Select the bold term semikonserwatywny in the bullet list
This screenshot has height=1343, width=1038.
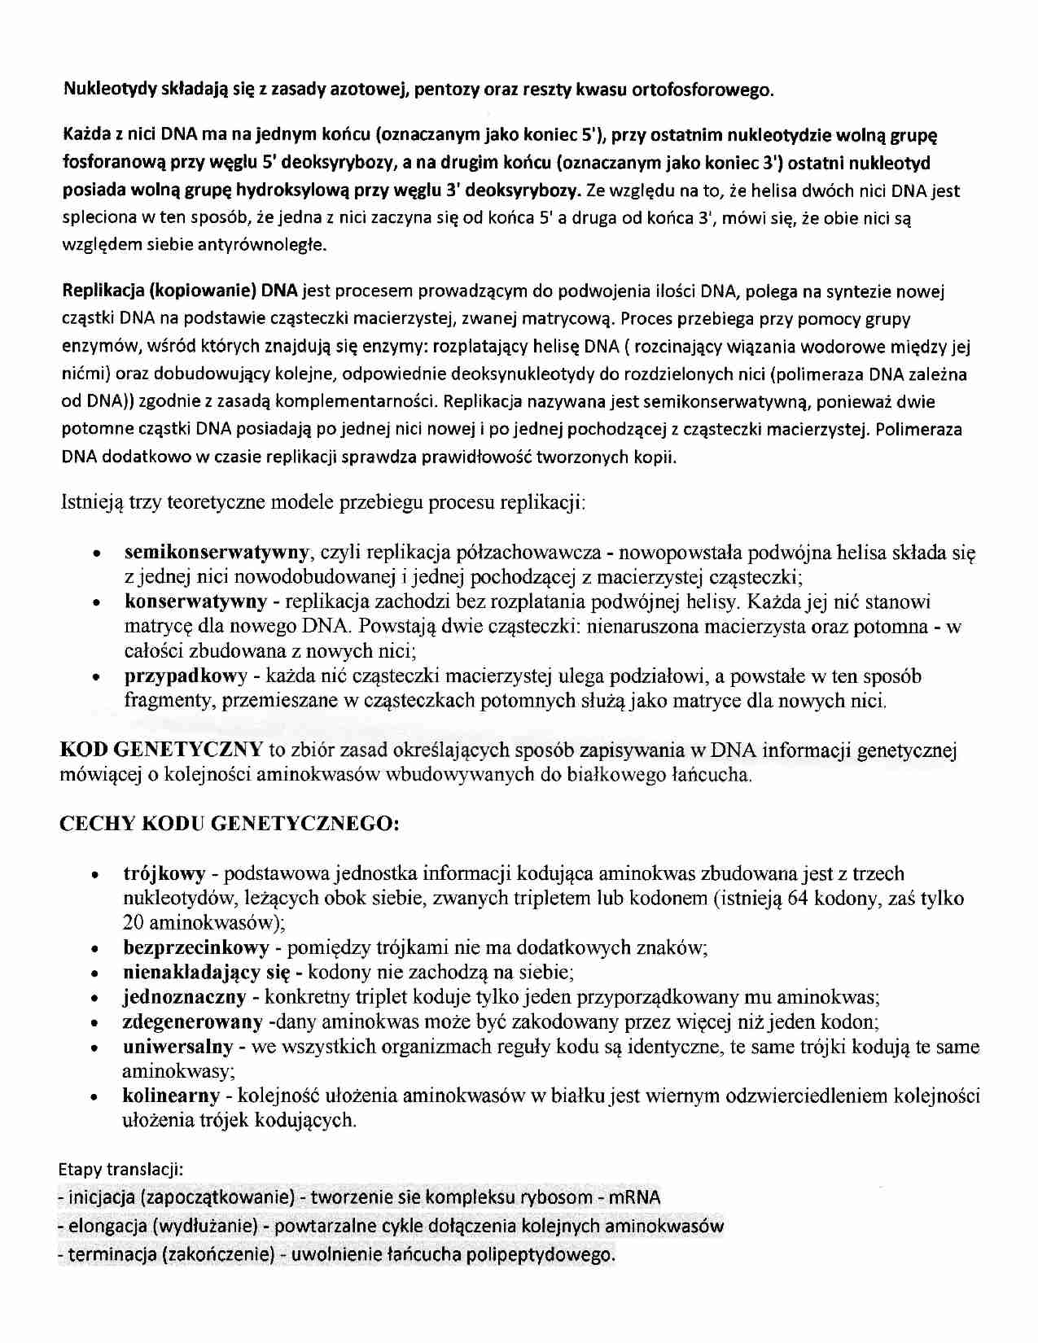point(216,553)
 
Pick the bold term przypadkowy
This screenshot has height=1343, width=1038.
point(185,676)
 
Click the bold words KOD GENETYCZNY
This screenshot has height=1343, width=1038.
point(161,750)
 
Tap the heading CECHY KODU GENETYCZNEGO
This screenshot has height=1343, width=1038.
point(230,823)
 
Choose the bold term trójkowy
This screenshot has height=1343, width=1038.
point(164,874)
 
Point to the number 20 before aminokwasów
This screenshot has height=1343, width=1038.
point(134,923)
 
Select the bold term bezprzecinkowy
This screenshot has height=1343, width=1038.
point(195,947)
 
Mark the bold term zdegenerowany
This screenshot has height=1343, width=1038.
point(192,1021)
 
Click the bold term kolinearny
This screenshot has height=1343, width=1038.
point(171,1096)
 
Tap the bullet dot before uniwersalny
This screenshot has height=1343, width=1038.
point(96,1048)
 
